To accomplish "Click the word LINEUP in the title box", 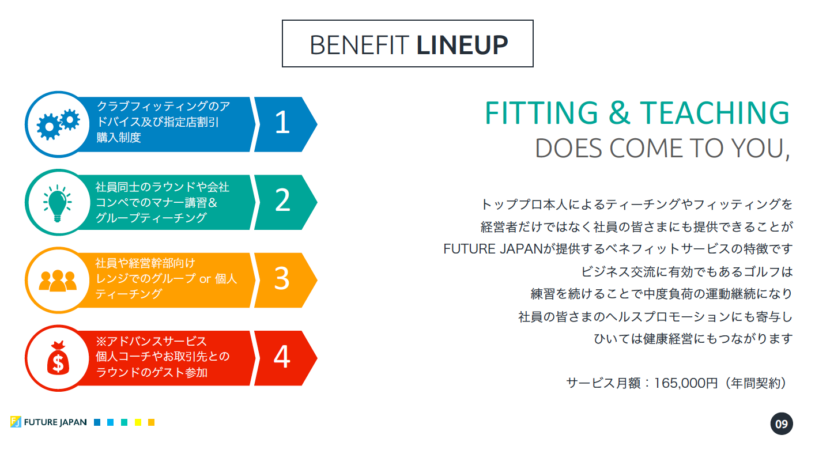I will tap(462, 44).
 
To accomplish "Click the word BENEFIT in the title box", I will tap(360, 44).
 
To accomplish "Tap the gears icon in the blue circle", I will tap(58, 124).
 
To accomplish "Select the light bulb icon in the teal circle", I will tap(57, 202).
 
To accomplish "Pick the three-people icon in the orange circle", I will tap(58, 281).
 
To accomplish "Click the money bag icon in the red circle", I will tap(58, 358).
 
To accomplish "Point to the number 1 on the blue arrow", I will tap(282, 123).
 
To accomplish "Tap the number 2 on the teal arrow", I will tap(282, 201).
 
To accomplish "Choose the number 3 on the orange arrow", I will tap(281, 279).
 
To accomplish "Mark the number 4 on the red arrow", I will tap(281, 357).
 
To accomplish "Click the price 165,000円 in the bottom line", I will tap(685, 383).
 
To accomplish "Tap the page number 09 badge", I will tap(781, 425).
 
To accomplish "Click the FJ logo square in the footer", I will tap(16, 422).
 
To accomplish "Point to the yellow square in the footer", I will tap(138, 422).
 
